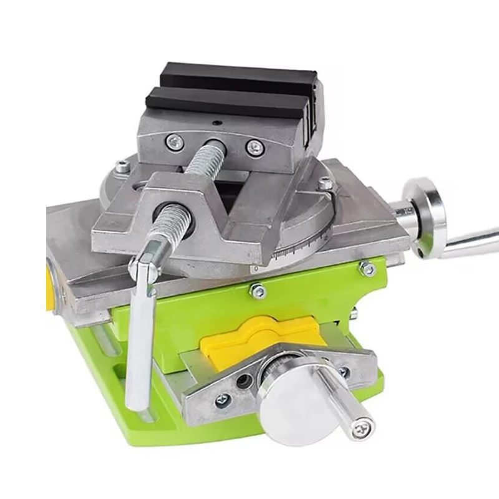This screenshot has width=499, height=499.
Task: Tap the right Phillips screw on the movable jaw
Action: (254, 147)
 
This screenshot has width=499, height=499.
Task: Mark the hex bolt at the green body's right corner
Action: (367, 269)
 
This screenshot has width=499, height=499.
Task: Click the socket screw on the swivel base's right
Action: (326, 183)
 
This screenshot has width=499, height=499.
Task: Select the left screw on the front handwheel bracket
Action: (223, 400)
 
